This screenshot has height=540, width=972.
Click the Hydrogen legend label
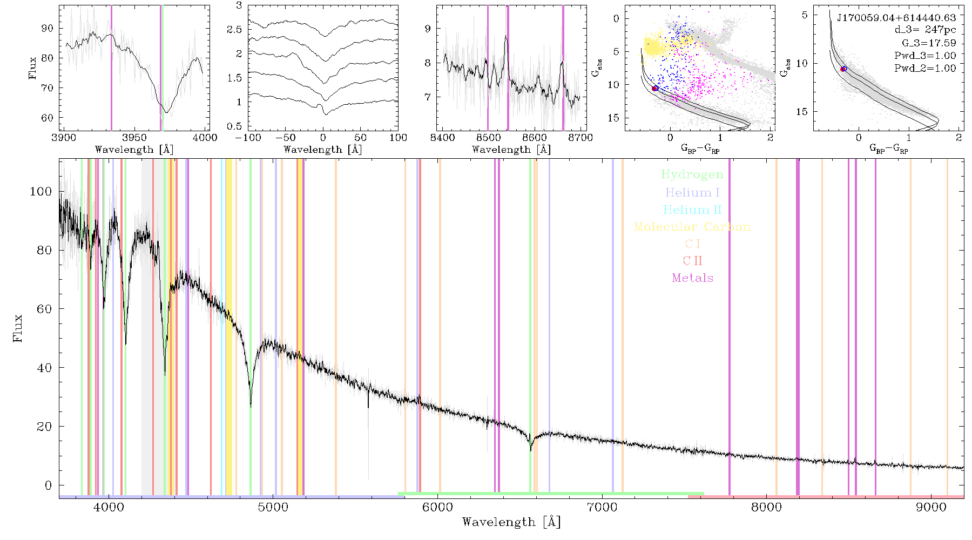[692, 175]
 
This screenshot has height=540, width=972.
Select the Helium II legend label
[692, 210]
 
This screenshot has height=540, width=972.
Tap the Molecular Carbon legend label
[692, 227]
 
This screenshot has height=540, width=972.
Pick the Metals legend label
[692, 278]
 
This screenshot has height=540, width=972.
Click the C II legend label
[692, 261]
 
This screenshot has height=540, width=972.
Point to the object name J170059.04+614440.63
[896, 18]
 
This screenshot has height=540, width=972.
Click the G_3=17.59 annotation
[929, 43]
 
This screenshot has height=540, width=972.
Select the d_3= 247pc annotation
[926, 30]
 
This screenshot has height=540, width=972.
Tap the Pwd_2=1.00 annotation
[925, 69]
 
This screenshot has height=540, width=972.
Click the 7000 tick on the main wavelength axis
[602, 508]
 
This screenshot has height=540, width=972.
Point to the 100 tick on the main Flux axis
[41, 192]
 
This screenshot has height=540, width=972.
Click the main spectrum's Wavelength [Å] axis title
[511, 522]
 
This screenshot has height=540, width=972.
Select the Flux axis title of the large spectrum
[18, 328]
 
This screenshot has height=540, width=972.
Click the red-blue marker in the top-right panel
[843, 69]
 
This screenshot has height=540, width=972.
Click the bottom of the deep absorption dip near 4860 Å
[251, 406]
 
